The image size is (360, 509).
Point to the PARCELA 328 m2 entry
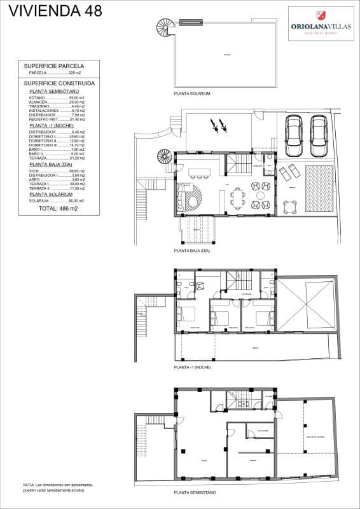pos(57,74)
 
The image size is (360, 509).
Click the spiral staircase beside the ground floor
pos(165,156)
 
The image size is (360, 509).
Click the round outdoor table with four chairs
pos(290,206)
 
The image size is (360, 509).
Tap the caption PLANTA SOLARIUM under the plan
pos(192,94)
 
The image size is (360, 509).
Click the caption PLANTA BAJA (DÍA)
pos(192,251)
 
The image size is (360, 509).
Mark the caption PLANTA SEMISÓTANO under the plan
pos(195,493)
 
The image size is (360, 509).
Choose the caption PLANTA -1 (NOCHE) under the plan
pos(192,368)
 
